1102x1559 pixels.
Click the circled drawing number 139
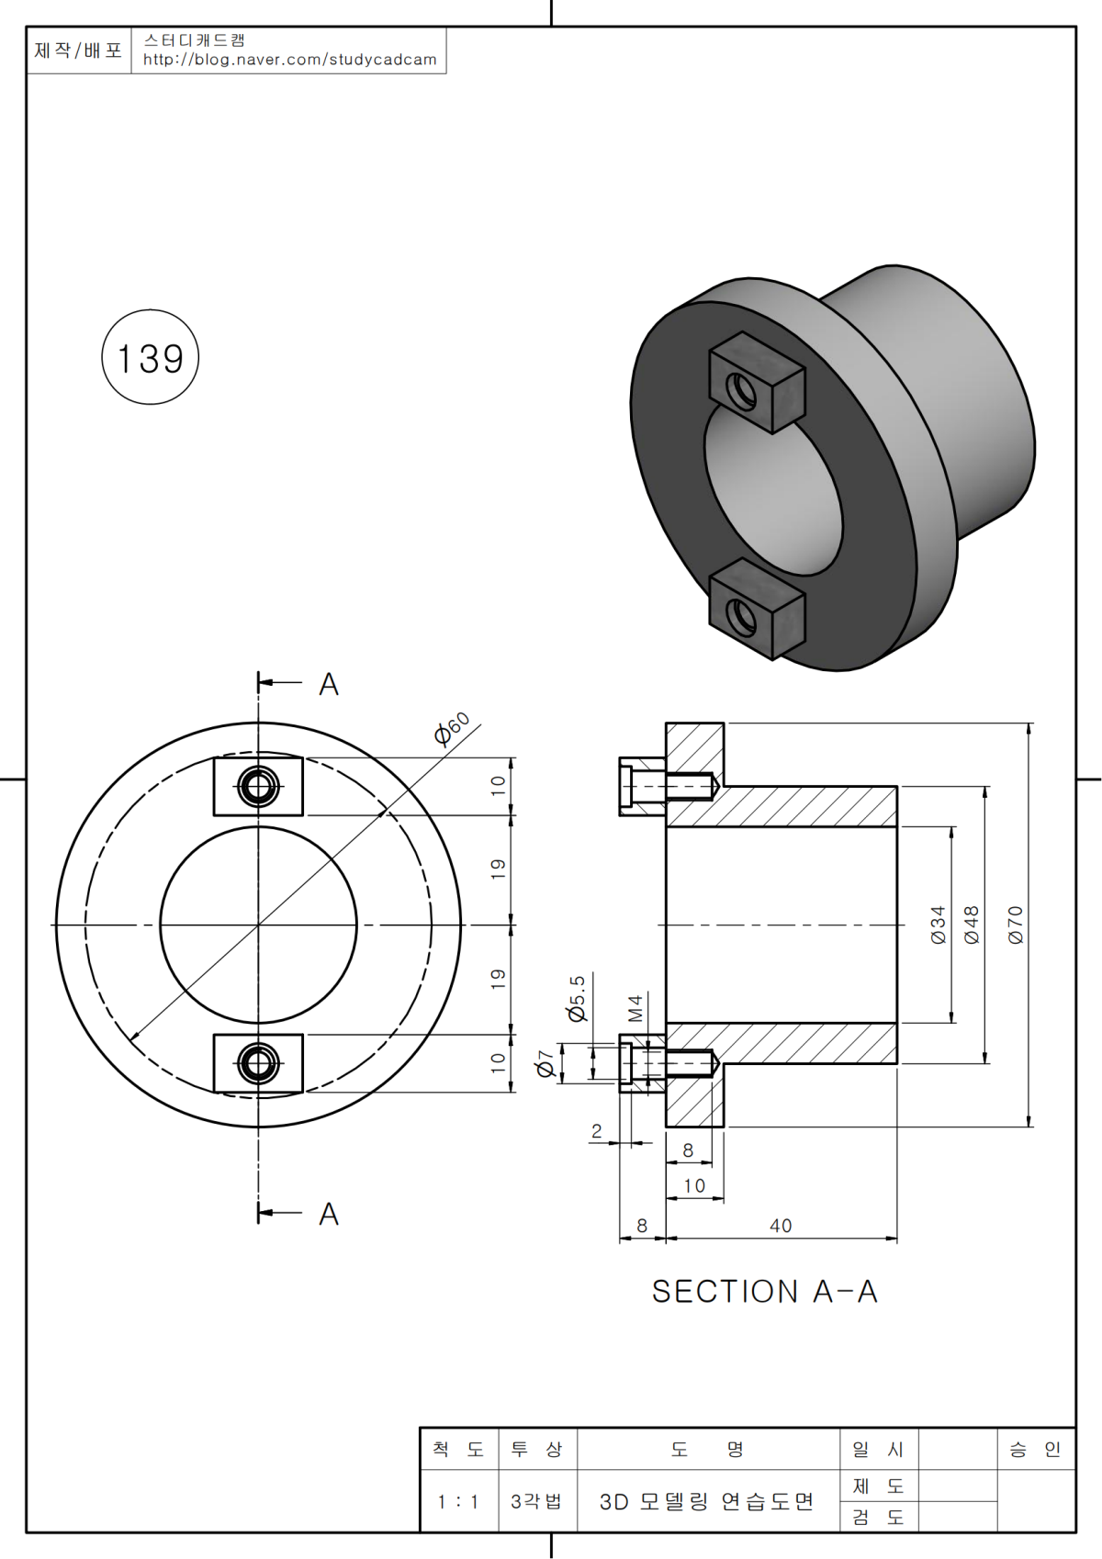tap(150, 358)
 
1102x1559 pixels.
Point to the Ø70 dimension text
tap(1015, 925)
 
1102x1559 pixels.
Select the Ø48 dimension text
tap(972, 925)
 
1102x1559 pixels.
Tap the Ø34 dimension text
tap(938, 925)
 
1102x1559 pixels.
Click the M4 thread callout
tap(635, 1008)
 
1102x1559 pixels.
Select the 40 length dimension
tap(781, 1226)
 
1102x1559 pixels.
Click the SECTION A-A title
tap(764, 1292)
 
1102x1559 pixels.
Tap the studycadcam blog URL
tap(290, 60)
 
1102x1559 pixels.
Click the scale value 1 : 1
tap(458, 1502)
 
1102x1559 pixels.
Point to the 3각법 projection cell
tap(536, 1502)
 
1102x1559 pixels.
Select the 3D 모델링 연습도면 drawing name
tap(707, 1502)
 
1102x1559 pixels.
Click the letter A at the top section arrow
tap(329, 684)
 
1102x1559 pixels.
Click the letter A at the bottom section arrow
tap(329, 1214)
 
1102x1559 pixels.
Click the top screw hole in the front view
tap(258, 787)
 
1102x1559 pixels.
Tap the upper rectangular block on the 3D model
tap(757, 381)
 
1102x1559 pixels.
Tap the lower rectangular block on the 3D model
tap(757, 608)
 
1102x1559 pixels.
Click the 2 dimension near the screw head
tap(597, 1131)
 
